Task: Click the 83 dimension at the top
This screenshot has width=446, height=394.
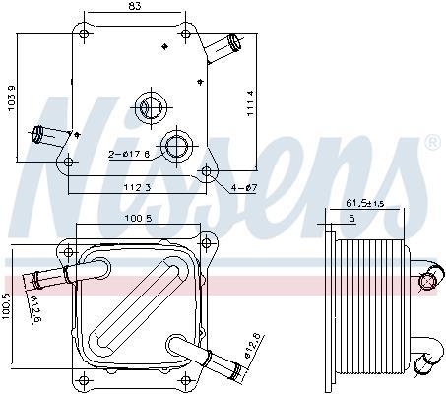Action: pos(135,6)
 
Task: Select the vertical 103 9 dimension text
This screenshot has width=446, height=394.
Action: pos(12,98)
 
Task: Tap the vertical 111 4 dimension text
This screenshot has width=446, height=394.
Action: pos(250,103)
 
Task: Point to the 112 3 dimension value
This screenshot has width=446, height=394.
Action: pos(137,188)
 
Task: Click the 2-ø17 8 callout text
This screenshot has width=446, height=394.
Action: pos(129,154)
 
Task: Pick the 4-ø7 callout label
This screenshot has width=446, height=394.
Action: pos(244,188)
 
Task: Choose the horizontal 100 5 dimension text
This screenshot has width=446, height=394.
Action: pos(138,218)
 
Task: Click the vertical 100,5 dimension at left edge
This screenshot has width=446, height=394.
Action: pos(6,305)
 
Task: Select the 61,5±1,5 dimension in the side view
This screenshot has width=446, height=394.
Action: pos(365,203)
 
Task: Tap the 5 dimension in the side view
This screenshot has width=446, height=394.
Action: pos(351,218)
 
